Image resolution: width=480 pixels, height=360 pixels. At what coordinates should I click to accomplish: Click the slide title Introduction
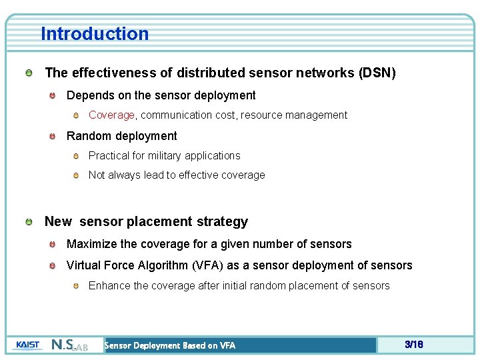click(x=95, y=33)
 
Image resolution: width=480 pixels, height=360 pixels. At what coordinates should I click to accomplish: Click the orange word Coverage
click(x=111, y=115)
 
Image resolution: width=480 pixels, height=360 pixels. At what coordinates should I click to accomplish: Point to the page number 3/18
click(x=413, y=345)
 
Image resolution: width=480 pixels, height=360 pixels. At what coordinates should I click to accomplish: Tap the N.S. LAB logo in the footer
click(x=69, y=345)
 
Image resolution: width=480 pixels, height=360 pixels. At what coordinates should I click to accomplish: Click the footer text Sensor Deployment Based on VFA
click(x=170, y=345)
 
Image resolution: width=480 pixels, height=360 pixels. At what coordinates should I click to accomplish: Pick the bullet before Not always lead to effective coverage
click(x=76, y=175)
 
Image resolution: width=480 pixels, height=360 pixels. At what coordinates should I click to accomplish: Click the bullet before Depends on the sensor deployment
click(x=53, y=96)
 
